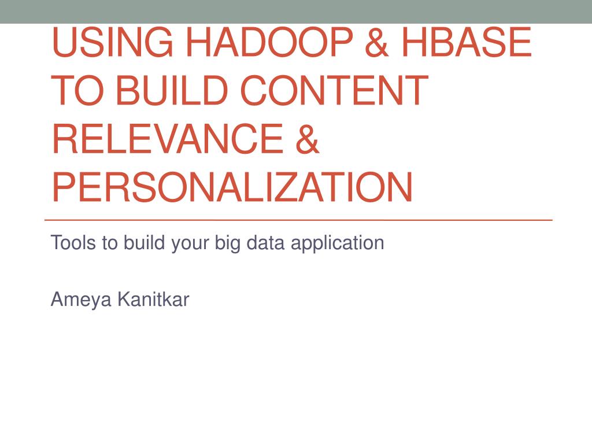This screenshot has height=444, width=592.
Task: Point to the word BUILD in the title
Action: tap(171, 90)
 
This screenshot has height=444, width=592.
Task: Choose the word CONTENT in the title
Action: tap(335, 90)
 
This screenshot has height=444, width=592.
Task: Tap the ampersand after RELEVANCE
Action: tap(308, 139)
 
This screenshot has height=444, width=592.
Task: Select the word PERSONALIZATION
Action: tap(232, 187)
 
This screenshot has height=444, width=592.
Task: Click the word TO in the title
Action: tap(77, 90)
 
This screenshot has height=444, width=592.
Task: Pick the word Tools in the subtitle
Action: tap(73, 242)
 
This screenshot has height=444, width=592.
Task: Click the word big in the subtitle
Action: tap(228, 243)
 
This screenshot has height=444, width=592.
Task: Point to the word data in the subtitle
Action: tap(265, 242)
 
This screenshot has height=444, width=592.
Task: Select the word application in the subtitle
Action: tap(338, 243)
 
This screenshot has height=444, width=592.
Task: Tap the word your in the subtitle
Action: tap(190, 245)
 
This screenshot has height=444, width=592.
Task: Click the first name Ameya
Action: tap(81, 300)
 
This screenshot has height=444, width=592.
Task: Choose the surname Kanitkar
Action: tap(153, 299)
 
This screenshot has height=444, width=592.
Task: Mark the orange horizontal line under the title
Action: tap(299, 220)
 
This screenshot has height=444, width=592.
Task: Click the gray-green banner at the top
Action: tap(296, 12)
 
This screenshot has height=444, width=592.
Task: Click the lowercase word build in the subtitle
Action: tap(144, 242)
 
